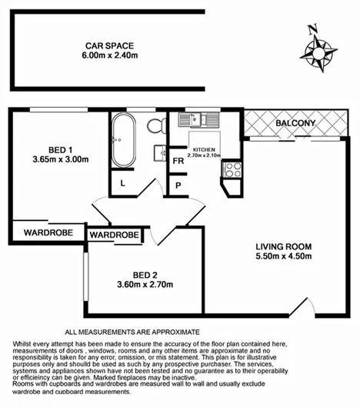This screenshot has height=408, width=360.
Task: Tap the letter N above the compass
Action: [x=312, y=31]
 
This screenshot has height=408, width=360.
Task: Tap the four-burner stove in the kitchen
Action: [x=231, y=169]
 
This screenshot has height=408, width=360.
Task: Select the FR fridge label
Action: [x=178, y=161]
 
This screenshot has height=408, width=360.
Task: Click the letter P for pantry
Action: [x=178, y=185]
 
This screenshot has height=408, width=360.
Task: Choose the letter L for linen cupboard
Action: [x=123, y=182]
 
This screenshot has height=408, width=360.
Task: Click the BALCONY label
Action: [x=295, y=123]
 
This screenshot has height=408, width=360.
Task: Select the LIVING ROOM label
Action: [x=283, y=247]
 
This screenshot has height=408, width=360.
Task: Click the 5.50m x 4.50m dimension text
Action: [x=283, y=257]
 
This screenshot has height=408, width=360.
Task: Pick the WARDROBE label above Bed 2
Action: [x=115, y=235]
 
